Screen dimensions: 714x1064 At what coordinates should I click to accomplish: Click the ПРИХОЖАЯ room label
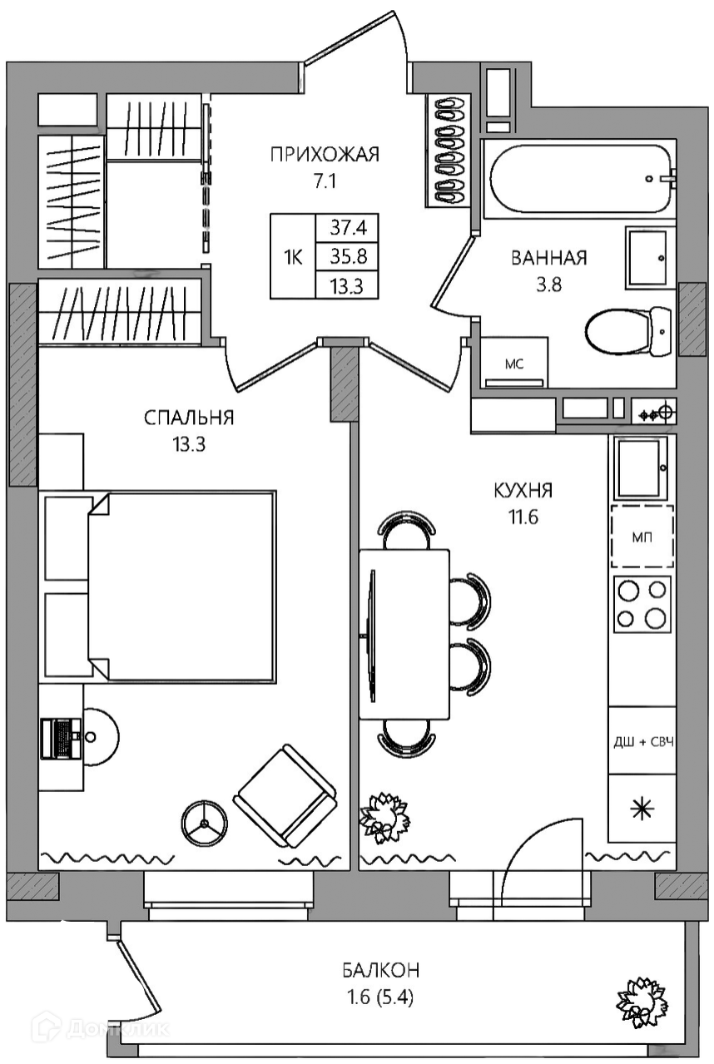[325, 155]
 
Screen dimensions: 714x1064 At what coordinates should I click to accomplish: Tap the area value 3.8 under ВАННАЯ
[548, 285]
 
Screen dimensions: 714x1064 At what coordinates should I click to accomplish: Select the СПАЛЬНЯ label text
[189, 418]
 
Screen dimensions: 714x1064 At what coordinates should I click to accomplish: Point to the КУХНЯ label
[523, 490]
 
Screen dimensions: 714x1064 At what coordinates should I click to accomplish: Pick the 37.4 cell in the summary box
[348, 229]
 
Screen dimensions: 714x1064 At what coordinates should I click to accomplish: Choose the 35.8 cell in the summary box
[348, 257]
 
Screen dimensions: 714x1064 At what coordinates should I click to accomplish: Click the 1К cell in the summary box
[293, 257]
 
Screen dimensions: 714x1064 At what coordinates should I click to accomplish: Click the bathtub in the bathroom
[582, 178]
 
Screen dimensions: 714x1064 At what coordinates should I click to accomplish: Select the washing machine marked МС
[514, 363]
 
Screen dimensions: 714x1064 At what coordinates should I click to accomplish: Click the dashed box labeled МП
[642, 537]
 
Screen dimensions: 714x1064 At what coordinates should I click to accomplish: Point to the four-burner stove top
[642, 604]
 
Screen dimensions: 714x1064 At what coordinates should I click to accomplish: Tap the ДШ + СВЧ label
[644, 742]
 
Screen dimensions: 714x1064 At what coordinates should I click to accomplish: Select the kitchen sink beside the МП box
[642, 467]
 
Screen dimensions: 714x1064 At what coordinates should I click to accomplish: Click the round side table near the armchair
[205, 824]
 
